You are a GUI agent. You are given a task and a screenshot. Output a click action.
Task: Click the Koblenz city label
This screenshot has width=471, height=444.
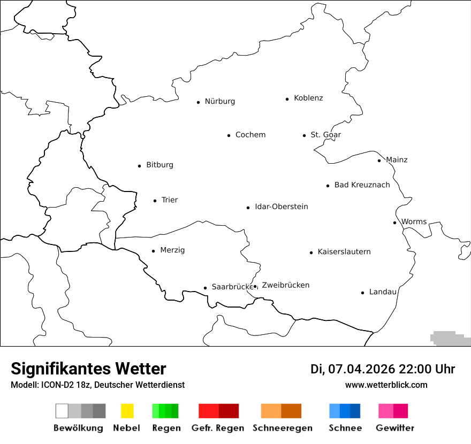tap(308, 98)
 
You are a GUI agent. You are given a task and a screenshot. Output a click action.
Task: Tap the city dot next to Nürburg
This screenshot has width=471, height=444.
tap(198, 102)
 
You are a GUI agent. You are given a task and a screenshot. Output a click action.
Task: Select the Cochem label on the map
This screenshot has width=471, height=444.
tap(250, 135)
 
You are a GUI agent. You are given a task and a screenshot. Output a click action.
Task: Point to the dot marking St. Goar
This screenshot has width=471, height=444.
tap(304, 135)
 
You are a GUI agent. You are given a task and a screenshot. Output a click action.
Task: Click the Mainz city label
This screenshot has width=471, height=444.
tap(397, 160)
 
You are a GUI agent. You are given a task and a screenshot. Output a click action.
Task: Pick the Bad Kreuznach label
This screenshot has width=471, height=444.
tap(362, 185)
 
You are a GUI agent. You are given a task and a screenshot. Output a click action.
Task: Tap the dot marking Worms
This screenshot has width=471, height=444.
tap(394, 223)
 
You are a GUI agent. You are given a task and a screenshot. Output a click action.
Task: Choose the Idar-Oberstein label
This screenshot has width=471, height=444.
tap(281, 207)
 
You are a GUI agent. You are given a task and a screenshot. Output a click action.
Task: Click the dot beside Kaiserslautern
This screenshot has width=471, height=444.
tap(311, 252)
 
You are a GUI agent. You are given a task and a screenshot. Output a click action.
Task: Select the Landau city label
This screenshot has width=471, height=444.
tap(383, 292)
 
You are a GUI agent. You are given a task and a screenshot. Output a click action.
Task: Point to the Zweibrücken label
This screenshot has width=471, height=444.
tap(285, 285)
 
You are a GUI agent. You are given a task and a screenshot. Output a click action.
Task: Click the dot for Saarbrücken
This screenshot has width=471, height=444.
tap(205, 288)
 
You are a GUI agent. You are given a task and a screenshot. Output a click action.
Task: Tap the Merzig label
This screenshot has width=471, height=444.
tap(172, 250)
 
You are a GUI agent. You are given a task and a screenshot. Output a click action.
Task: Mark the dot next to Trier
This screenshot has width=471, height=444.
tap(155, 201)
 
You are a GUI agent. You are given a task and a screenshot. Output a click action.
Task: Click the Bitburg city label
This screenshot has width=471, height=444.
tap(159, 165)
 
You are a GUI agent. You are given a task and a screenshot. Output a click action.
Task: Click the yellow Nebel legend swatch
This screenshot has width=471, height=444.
tap(127, 411)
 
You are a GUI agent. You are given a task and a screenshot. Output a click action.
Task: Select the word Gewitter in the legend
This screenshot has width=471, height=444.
tap(395, 428)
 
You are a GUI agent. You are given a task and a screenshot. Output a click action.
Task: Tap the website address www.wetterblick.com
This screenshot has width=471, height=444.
tap(386, 385)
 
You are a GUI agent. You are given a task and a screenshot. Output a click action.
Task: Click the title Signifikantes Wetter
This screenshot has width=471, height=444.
tap(88, 369)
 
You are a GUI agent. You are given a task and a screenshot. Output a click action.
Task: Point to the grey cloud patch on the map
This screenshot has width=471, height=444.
tap(450, 338)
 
